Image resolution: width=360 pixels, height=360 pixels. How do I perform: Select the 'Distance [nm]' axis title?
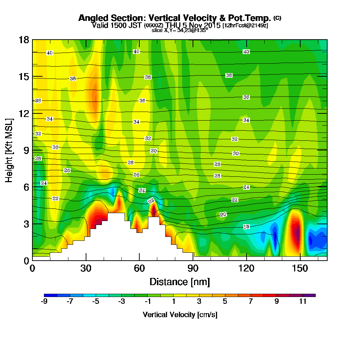coord(180,281)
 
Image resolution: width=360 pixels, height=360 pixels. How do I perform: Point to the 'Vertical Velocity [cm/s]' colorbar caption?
coord(180,315)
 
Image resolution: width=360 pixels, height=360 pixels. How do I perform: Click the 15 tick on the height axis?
coord(23,76)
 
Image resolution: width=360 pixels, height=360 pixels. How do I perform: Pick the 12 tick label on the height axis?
coord(23,113)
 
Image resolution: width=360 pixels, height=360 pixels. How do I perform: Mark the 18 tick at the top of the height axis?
coord(23,40)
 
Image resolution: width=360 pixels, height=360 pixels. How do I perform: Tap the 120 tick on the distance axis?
coord(246,269)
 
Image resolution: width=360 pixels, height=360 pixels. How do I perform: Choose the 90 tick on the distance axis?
coord(193,269)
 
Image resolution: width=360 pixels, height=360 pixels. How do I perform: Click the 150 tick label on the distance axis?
coord(300,269)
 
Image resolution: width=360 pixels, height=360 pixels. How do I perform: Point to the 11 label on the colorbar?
coord(303,302)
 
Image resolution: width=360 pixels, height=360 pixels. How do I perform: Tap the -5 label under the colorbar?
coord(96,302)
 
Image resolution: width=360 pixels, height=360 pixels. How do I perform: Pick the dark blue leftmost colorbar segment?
coord(50,295)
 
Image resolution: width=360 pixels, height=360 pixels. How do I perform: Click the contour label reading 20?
coord(223,215)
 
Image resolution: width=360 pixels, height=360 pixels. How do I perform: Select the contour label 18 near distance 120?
coord(246,227)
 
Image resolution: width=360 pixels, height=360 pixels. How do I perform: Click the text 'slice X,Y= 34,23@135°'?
coord(180,31)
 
